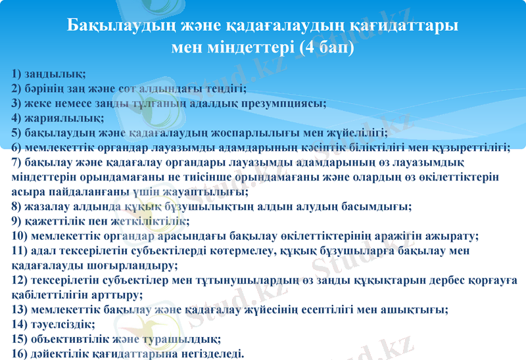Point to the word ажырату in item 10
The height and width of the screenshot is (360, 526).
(454, 236)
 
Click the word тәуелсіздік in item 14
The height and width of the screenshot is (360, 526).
(64, 325)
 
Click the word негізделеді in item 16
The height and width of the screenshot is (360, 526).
(208, 354)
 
